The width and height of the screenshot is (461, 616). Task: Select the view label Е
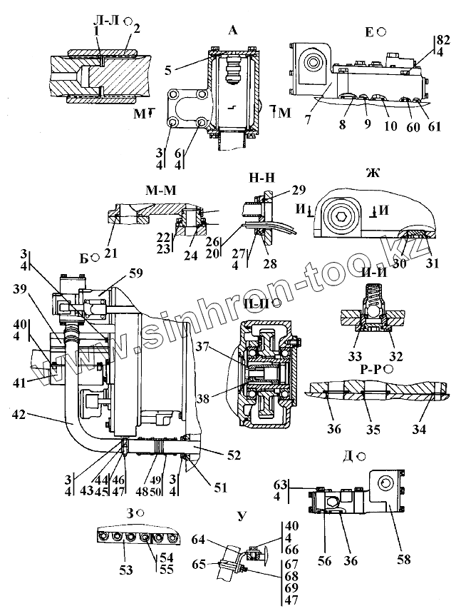(370, 31)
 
